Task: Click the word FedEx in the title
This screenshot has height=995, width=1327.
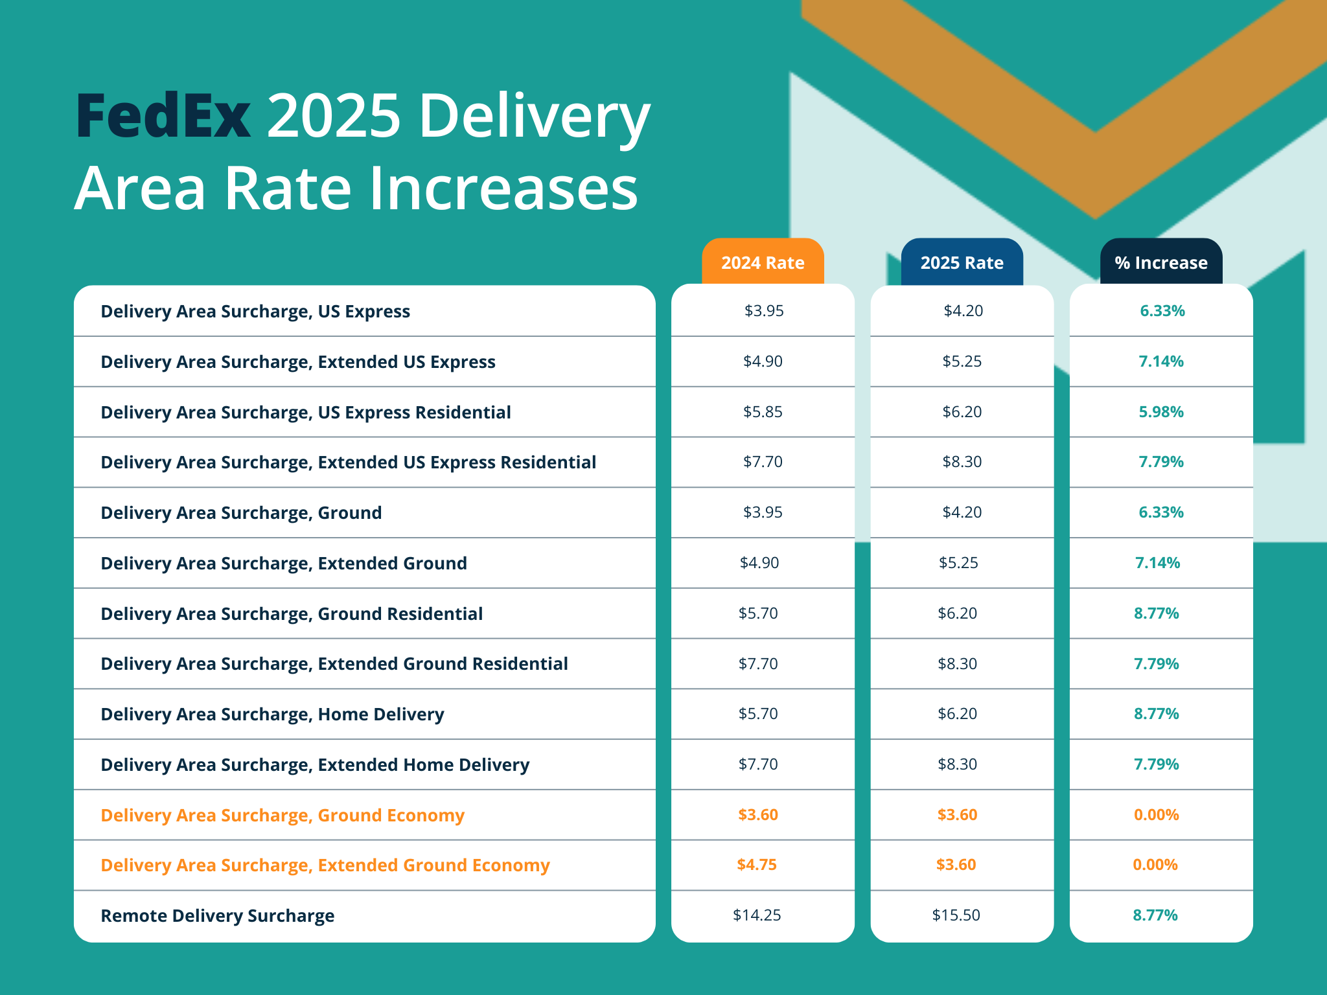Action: click(x=163, y=117)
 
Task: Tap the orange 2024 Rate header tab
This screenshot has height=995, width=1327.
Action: click(x=763, y=262)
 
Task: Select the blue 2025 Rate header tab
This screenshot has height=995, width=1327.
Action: click(x=962, y=262)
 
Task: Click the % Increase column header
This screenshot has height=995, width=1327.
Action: click(x=1160, y=262)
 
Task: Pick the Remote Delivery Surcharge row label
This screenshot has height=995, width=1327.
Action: click(x=217, y=915)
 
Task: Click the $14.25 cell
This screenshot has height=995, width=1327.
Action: click(x=757, y=915)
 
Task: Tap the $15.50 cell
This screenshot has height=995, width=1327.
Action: click(x=956, y=915)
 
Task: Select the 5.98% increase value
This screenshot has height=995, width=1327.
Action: click(x=1161, y=411)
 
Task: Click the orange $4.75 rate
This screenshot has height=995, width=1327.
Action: click(x=756, y=864)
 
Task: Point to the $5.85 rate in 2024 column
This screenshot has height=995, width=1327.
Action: click(x=763, y=411)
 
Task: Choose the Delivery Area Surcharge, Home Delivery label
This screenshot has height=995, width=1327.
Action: click(x=272, y=714)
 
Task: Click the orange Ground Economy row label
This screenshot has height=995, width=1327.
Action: click(x=283, y=815)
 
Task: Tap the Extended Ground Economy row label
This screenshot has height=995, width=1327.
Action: click(x=325, y=865)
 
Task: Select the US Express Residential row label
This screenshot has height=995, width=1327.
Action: click(x=305, y=412)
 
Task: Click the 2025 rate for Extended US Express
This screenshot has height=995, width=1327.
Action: click(x=962, y=361)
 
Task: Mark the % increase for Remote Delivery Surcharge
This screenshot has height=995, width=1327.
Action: click(x=1155, y=915)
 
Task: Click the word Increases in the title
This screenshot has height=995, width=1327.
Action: click(x=503, y=189)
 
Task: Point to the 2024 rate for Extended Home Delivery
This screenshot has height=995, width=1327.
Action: click(x=758, y=764)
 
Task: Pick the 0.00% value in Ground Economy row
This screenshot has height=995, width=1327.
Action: click(x=1156, y=814)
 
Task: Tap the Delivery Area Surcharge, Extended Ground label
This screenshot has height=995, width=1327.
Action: click(x=283, y=563)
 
